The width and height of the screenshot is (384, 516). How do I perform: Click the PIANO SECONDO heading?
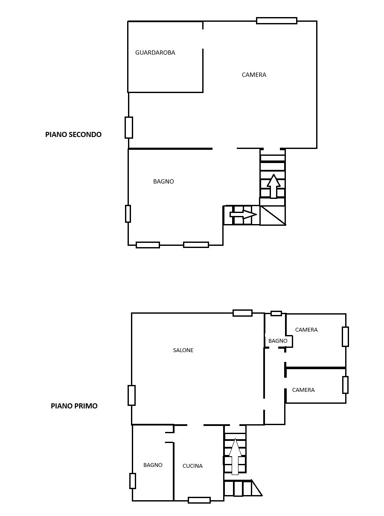click(73, 134)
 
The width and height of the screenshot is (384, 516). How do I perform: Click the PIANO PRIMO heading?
click(74, 406)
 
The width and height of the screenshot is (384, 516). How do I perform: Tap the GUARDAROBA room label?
click(155, 52)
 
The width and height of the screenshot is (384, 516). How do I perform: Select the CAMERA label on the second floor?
click(254, 75)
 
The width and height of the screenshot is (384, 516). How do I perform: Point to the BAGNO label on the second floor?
click(163, 181)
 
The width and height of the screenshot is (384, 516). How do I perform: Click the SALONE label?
click(183, 350)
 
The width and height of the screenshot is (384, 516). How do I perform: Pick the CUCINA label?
click(192, 466)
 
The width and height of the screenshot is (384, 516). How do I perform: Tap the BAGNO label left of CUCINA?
click(153, 465)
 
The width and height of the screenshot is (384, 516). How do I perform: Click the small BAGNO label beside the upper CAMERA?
click(278, 341)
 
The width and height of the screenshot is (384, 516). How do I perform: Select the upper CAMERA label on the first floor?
click(306, 329)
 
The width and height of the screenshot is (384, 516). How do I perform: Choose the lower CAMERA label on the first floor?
click(303, 390)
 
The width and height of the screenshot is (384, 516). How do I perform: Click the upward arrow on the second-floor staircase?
click(273, 186)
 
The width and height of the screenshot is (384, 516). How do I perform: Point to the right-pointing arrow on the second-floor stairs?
click(243, 214)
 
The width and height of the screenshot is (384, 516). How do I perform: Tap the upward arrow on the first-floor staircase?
click(235, 456)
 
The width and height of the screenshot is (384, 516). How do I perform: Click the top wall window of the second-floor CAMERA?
click(277, 20)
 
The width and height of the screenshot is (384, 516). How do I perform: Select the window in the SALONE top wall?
click(243, 313)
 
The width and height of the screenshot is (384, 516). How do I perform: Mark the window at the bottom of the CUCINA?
click(199, 500)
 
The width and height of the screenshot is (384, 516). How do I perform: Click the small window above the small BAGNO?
click(276, 313)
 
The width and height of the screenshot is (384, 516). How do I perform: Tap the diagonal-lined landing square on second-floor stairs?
click(273, 215)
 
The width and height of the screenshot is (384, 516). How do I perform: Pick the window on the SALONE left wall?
click(132, 395)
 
